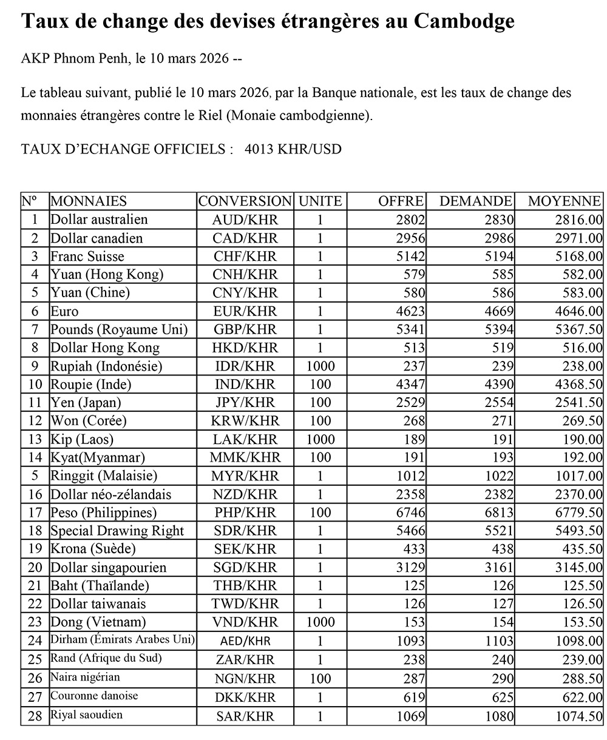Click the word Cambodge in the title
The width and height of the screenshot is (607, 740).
click(x=465, y=22)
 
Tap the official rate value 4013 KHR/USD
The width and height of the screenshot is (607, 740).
click(x=293, y=149)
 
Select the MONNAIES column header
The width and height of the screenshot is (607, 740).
click(x=89, y=201)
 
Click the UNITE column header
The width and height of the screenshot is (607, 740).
click(x=320, y=201)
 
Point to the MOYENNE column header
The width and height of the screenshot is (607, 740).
click(x=565, y=201)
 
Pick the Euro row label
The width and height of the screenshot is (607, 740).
click(x=64, y=311)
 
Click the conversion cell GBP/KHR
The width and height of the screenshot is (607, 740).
click(x=245, y=329)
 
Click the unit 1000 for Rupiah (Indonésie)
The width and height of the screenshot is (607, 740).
click(x=320, y=366)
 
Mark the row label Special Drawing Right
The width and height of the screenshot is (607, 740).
click(x=117, y=531)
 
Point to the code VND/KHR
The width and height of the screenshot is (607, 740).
click(x=245, y=622)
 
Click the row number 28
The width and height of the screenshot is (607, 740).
click(x=35, y=716)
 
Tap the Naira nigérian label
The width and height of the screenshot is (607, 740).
click(x=85, y=678)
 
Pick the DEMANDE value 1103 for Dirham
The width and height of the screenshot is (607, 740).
click(x=500, y=641)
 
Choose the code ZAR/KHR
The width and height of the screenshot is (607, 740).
click(x=245, y=660)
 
